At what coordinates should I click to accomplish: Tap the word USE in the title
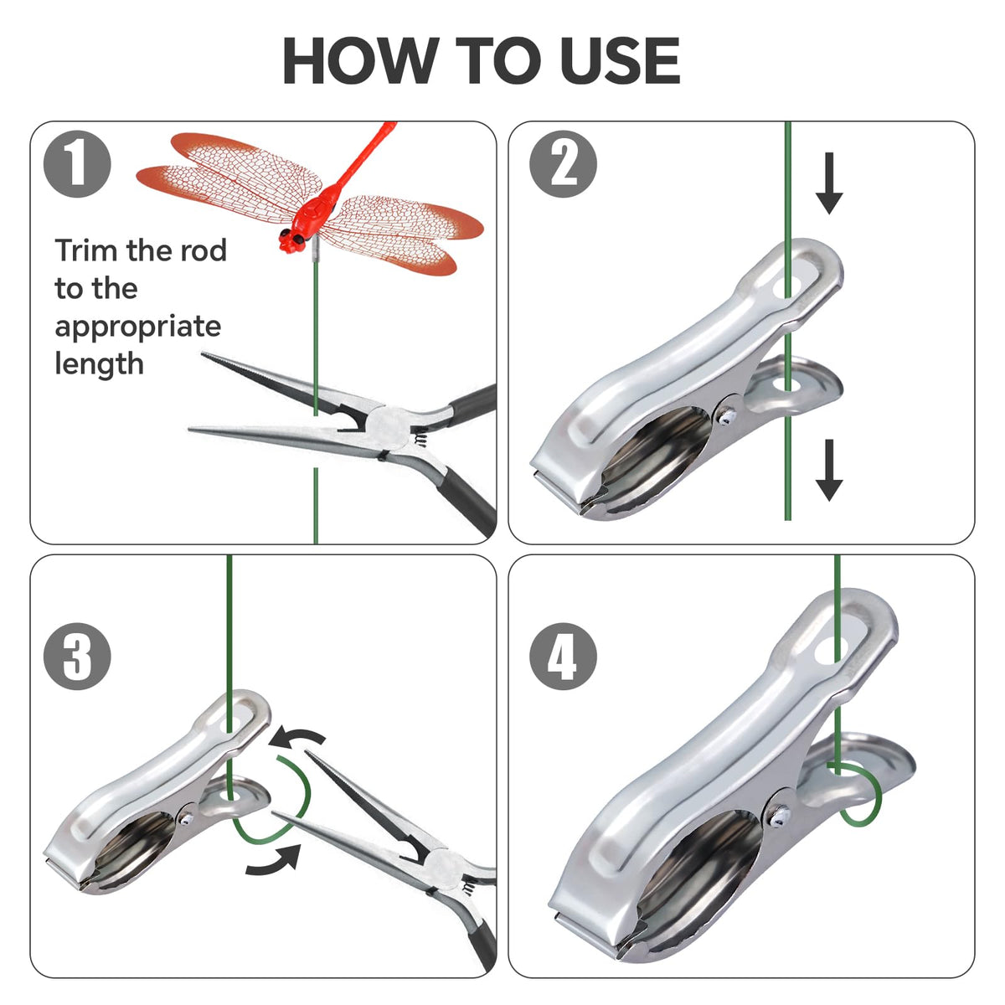[621, 60]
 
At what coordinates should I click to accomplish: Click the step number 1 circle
[77, 164]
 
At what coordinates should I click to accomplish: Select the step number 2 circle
[564, 164]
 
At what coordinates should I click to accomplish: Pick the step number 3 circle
[77, 656]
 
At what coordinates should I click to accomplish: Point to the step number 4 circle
[564, 656]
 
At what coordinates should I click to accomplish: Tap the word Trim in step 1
[87, 250]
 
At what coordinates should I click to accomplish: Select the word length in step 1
[99, 364]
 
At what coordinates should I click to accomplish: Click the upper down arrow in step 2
[829, 183]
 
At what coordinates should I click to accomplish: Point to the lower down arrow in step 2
[829, 470]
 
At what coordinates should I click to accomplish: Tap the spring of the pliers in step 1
[419, 436]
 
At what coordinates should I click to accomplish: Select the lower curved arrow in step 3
[274, 863]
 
